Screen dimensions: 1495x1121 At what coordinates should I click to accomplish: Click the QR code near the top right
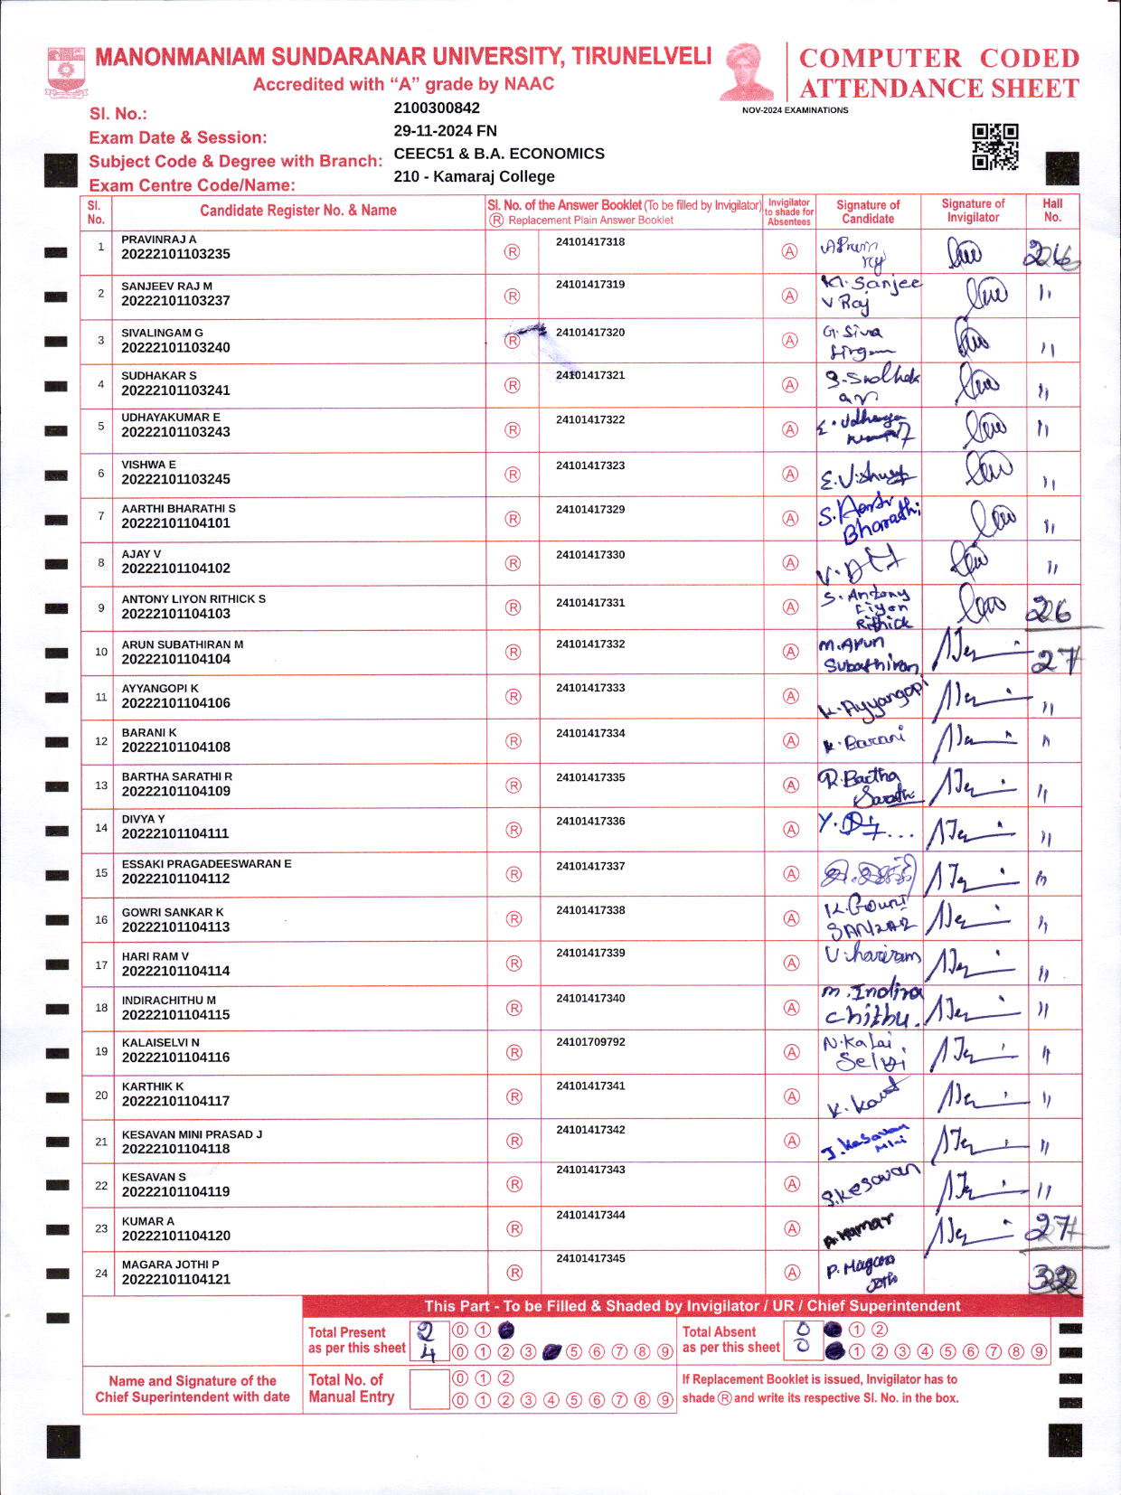point(994,146)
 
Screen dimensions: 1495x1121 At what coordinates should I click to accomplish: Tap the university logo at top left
point(65,72)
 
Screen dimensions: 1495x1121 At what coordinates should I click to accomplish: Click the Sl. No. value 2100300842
point(437,108)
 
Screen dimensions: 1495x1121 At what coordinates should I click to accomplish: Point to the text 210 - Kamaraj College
point(474,177)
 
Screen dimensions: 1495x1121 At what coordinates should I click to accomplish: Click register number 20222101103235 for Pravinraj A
point(175,255)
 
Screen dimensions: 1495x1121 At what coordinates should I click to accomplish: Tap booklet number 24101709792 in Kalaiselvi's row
point(590,1042)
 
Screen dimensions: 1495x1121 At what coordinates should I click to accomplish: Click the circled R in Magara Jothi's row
point(514,1273)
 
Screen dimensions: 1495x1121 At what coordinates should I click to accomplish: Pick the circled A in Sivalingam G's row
point(790,341)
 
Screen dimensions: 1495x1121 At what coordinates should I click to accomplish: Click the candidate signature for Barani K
point(863,741)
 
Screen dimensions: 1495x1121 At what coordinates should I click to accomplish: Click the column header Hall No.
point(1052,211)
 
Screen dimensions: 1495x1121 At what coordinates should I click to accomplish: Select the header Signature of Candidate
point(868,212)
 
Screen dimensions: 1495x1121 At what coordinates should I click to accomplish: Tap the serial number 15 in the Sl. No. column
point(101,873)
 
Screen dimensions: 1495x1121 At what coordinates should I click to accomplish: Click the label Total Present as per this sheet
point(356,1340)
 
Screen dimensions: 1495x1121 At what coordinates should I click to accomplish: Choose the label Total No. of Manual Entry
point(351,1388)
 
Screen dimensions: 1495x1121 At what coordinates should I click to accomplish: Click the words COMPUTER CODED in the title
point(939,59)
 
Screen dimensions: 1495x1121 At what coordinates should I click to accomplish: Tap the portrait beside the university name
point(747,72)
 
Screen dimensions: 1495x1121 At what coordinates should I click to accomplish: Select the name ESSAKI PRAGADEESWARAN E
point(206,864)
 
